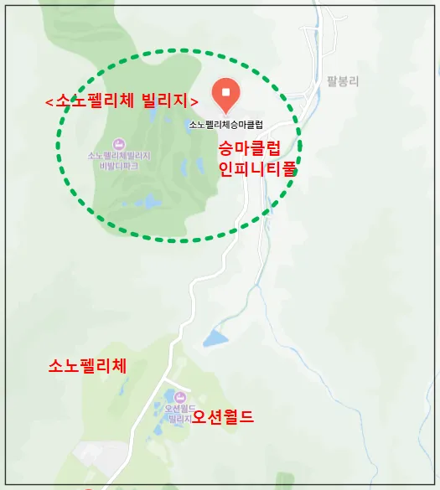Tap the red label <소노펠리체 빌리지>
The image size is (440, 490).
tap(122, 101)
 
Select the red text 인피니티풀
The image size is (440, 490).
tap(258, 168)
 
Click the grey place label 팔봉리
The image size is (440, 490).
tap(343, 81)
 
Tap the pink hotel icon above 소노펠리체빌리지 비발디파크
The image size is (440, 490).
tap(118, 144)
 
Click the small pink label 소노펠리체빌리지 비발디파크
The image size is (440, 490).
tap(118, 161)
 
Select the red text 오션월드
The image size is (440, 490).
tap(222, 416)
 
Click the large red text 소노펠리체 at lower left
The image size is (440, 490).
tap(88, 366)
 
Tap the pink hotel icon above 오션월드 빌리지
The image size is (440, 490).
tap(179, 395)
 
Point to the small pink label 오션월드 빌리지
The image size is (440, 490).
tap(179, 412)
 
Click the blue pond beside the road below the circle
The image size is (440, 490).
tap(215, 338)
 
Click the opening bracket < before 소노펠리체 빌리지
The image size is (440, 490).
tap(49, 101)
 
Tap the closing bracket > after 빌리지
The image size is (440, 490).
tap(194, 101)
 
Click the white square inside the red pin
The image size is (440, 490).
tap(225, 89)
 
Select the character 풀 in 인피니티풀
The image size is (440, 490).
tap(290, 168)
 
